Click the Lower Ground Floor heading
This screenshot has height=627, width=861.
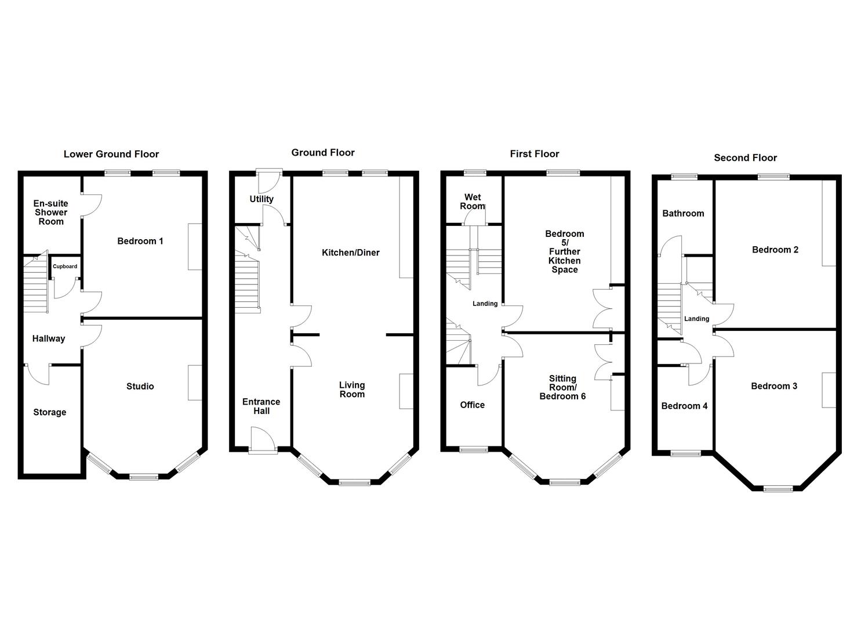coord(111,154)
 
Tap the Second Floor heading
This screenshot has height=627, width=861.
coord(745,157)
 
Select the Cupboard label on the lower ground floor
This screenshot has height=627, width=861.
coord(65,266)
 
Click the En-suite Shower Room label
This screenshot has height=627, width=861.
coord(50,212)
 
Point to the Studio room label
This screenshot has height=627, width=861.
coord(140,386)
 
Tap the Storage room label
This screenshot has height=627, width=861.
coord(49,412)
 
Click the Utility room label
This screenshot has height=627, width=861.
coord(261,199)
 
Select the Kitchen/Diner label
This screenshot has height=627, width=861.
coord(351,253)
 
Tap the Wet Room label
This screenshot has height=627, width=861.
coord(473,201)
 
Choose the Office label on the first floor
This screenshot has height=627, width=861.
coord(472,405)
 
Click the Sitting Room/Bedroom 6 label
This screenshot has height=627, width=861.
coord(562,387)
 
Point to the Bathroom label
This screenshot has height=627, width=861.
coord(683,213)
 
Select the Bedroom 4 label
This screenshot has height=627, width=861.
coord(684,406)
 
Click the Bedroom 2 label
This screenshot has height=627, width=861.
coord(775,250)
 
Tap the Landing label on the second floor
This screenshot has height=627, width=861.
coord(696,319)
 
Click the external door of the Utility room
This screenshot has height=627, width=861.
coord(270,173)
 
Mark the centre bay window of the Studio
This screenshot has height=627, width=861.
coord(143,477)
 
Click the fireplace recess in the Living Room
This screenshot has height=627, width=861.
coord(406,391)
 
